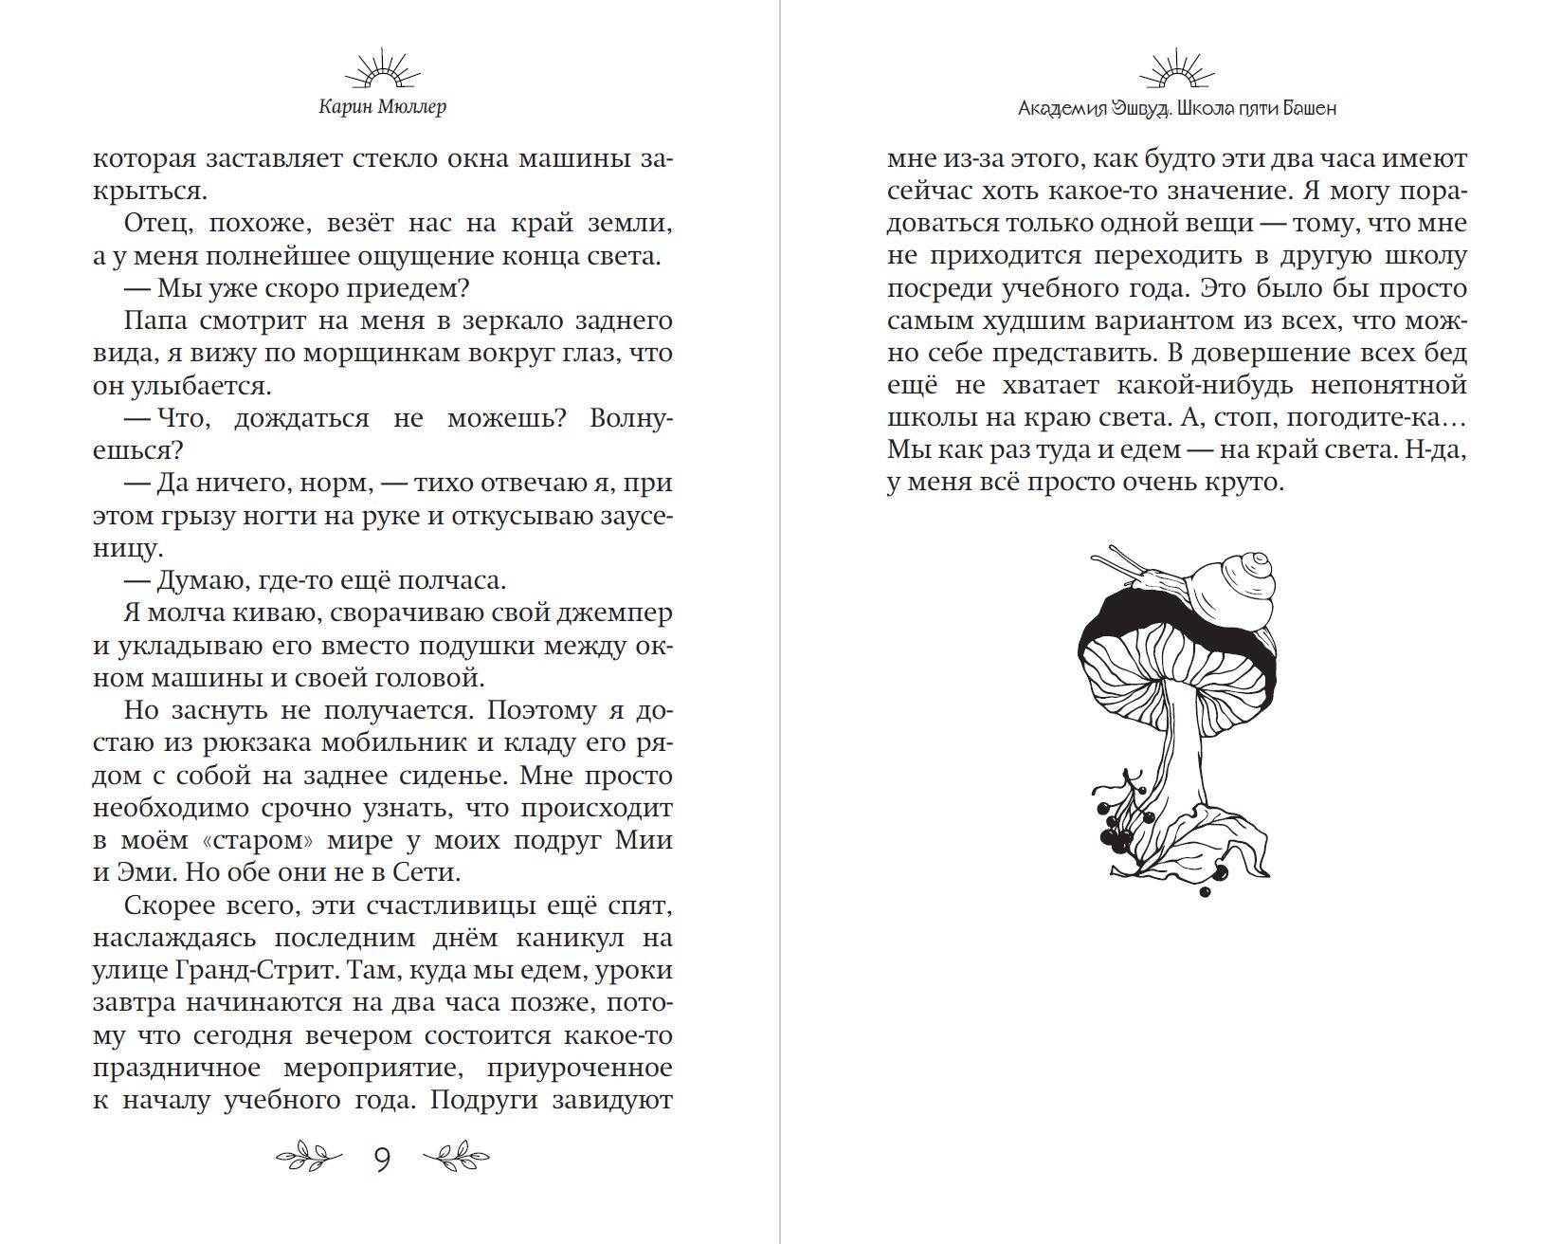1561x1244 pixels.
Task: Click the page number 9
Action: [382, 1159]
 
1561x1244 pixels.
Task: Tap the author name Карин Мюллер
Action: [383, 106]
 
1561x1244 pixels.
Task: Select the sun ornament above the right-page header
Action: [1177, 69]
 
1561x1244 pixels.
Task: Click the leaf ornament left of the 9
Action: [308, 1156]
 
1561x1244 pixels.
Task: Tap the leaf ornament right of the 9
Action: [456, 1156]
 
